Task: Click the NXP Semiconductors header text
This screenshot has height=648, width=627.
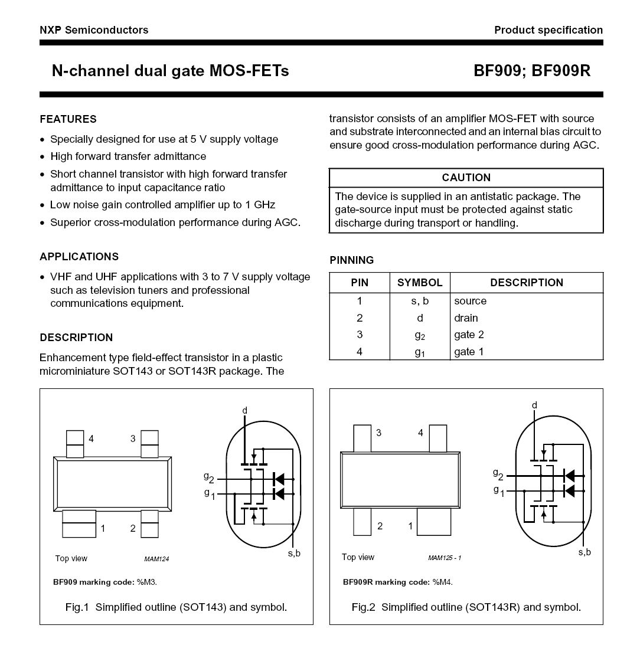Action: [x=94, y=30]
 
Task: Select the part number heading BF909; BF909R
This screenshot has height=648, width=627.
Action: [x=531, y=71]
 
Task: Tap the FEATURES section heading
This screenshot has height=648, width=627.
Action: [x=68, y=119]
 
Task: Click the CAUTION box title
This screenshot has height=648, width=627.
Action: [x=466, y=178]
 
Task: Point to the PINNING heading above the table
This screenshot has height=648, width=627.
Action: [x=351, y=260]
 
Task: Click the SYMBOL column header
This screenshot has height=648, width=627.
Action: [x=419, y=283]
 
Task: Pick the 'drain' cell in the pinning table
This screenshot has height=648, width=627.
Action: [x=466, y=318]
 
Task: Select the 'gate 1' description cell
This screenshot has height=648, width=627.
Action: [x=469, y=352]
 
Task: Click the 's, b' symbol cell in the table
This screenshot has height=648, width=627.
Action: [x=419, y=301]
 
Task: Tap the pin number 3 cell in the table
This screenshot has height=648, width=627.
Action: [x=360, y=335]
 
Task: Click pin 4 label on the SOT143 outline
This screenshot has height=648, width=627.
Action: [x=91, y=438]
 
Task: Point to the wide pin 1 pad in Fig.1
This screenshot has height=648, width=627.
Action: [x=79, y=523]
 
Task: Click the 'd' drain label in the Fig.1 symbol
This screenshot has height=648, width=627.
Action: [x=244, y=410]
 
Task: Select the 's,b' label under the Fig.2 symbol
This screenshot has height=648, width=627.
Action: [x=584, y=552]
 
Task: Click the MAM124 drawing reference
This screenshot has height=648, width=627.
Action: [x=156, y=559]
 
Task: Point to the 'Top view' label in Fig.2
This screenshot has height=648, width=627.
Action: [x=358, y=557]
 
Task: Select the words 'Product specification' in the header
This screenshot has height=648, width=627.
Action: [x=548, y=30]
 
